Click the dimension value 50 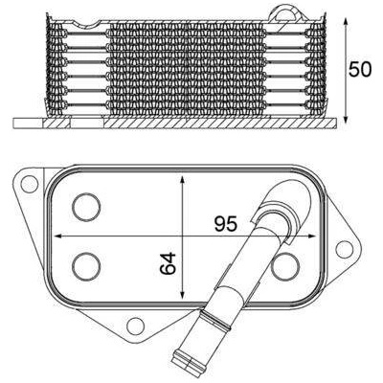tap(360, 70)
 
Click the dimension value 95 tap(226, 224)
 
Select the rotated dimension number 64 tap(168, 263)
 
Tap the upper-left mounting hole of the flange tap(30, 183)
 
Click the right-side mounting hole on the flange tap(345, 250)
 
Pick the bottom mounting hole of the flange tap(135, 326)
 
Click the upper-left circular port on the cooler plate tap(86, 207)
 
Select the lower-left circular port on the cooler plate tap(86, 266)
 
